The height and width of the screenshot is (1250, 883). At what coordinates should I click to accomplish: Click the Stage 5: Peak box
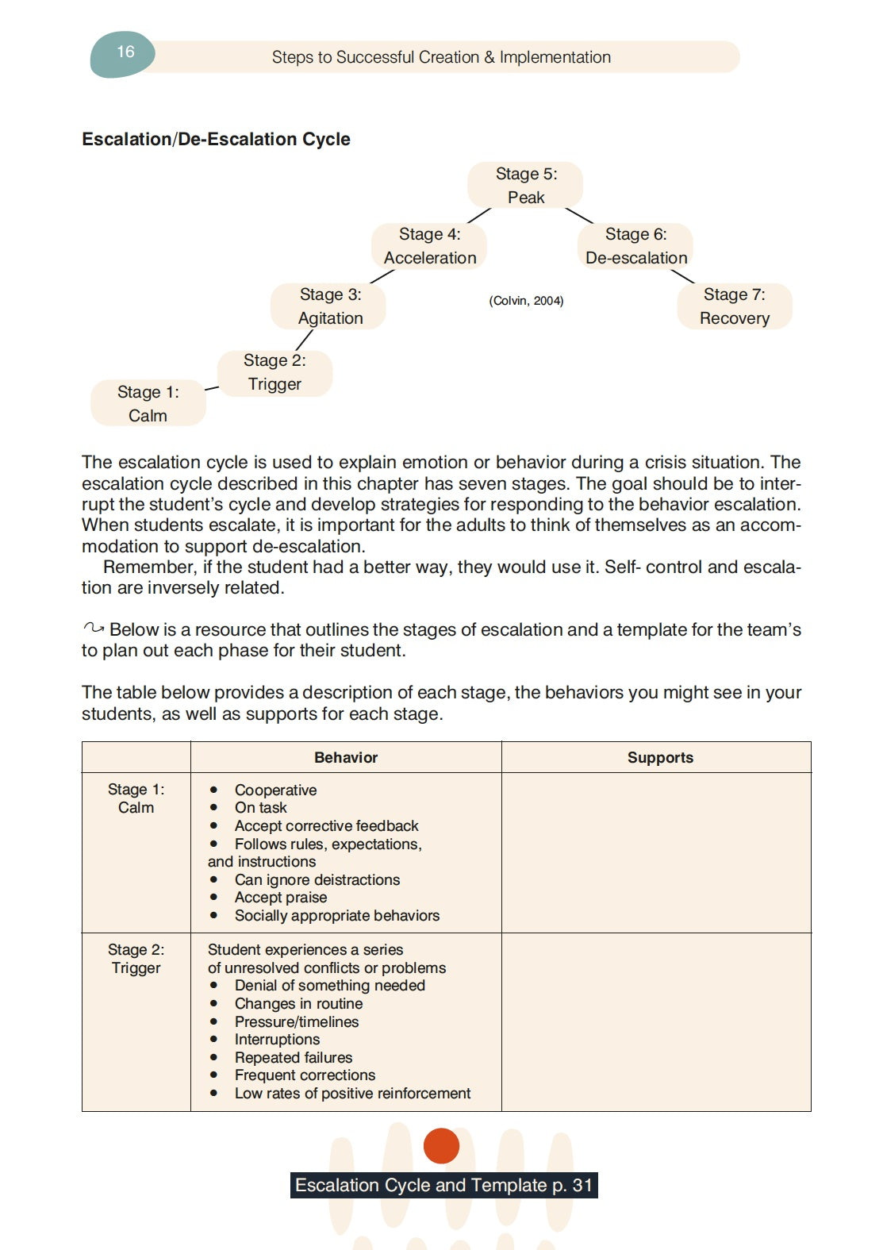tap(525, 185)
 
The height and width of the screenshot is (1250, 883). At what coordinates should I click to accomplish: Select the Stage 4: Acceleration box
tap(429, 246)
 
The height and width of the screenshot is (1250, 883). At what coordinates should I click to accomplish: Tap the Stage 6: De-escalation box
tap(635, 246)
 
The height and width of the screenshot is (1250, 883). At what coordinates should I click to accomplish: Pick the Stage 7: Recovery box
tap(734, 306)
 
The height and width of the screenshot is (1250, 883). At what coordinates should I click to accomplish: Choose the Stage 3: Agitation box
tap(329, 306)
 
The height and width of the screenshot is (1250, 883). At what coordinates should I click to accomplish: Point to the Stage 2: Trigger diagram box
tap(274, 372)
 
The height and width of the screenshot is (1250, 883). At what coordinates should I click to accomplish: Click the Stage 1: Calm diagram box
tap(148, 403)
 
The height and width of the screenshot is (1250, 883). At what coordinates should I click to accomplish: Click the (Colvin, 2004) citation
tap(526, 301)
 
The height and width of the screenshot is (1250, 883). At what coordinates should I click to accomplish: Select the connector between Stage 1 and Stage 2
tap(212, 388)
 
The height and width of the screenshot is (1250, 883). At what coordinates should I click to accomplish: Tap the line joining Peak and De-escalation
tap(579, 215)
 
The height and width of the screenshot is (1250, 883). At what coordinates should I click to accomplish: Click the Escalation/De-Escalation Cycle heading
tap(216, 139)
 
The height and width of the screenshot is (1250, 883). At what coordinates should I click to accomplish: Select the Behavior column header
tap(346, 757)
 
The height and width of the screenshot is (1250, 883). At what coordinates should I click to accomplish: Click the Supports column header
tap(660, 757)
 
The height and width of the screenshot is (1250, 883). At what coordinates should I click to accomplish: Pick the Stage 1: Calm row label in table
tap(136, 798)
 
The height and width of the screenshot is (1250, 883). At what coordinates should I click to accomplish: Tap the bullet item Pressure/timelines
tap(296, 1021)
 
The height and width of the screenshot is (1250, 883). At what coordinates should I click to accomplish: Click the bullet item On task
tap(260, 807)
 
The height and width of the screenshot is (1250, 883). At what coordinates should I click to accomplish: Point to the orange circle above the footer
tap(441, 1145)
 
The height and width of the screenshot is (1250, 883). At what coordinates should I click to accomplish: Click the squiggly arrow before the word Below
tap(94, 629)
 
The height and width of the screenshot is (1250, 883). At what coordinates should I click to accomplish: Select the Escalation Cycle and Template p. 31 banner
tap(443, 1185)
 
